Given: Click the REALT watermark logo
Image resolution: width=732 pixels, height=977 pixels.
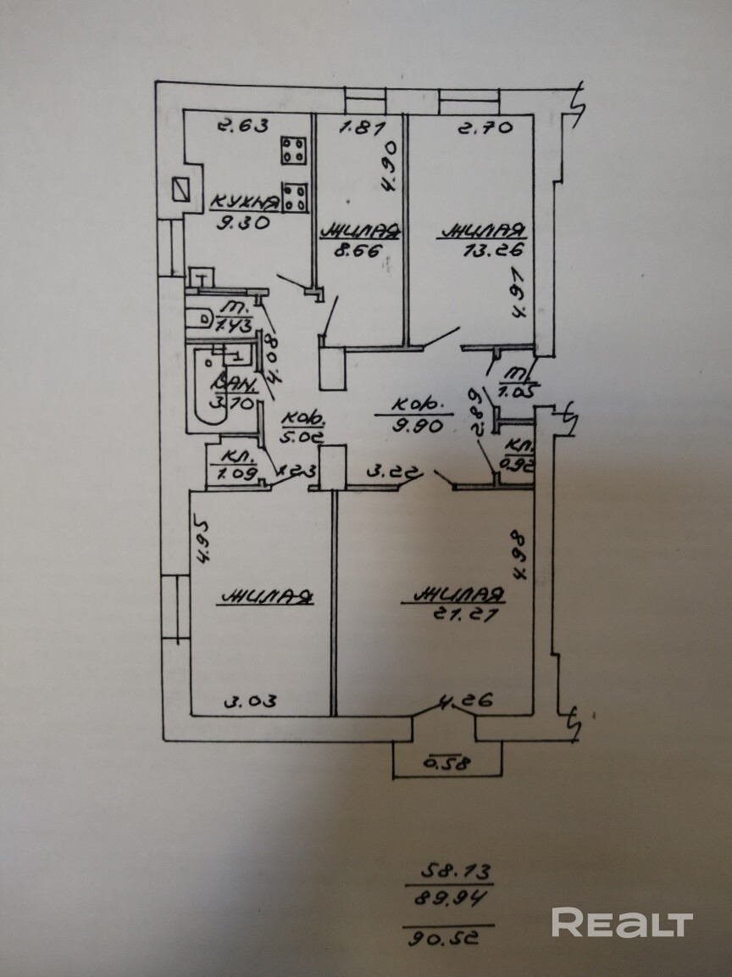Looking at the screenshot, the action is click(623, 922).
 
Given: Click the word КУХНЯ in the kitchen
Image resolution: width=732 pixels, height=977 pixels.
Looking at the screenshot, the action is click(244, 201).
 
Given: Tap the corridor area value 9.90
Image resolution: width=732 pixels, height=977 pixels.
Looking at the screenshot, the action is click(418, 427).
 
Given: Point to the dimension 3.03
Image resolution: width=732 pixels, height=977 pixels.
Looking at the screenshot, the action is click(250, 701).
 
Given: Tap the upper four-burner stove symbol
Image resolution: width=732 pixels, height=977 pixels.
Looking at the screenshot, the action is click(295, 152).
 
